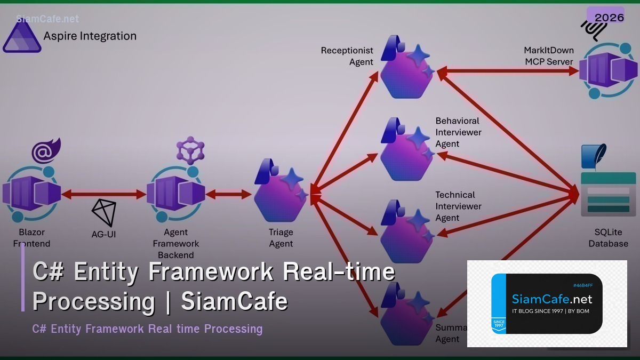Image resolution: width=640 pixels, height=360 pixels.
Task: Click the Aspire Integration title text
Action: pyautogui.click(x=90, y=36)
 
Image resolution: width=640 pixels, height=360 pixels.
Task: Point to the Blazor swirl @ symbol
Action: pyautogui.click(x=45, y=151)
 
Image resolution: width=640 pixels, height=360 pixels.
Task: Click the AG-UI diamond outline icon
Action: pyautogui.click(x=104, y=212)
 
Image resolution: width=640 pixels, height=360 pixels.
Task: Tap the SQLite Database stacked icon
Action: pyautogui.click(x=607, y=192)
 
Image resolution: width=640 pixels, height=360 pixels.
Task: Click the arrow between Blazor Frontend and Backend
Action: pyautogui.click(x=104, y=195)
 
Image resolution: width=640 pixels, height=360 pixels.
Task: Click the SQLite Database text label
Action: pyautogui.click(x=608, y=238)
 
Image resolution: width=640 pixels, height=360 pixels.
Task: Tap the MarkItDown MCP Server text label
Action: pyautogui.click(x=549, y=56)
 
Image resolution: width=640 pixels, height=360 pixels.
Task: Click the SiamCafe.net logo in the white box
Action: pyautogui.click(x=547, y=303)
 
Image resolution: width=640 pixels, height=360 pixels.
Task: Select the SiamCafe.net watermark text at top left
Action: pyautogui.click(x=47, y=19)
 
